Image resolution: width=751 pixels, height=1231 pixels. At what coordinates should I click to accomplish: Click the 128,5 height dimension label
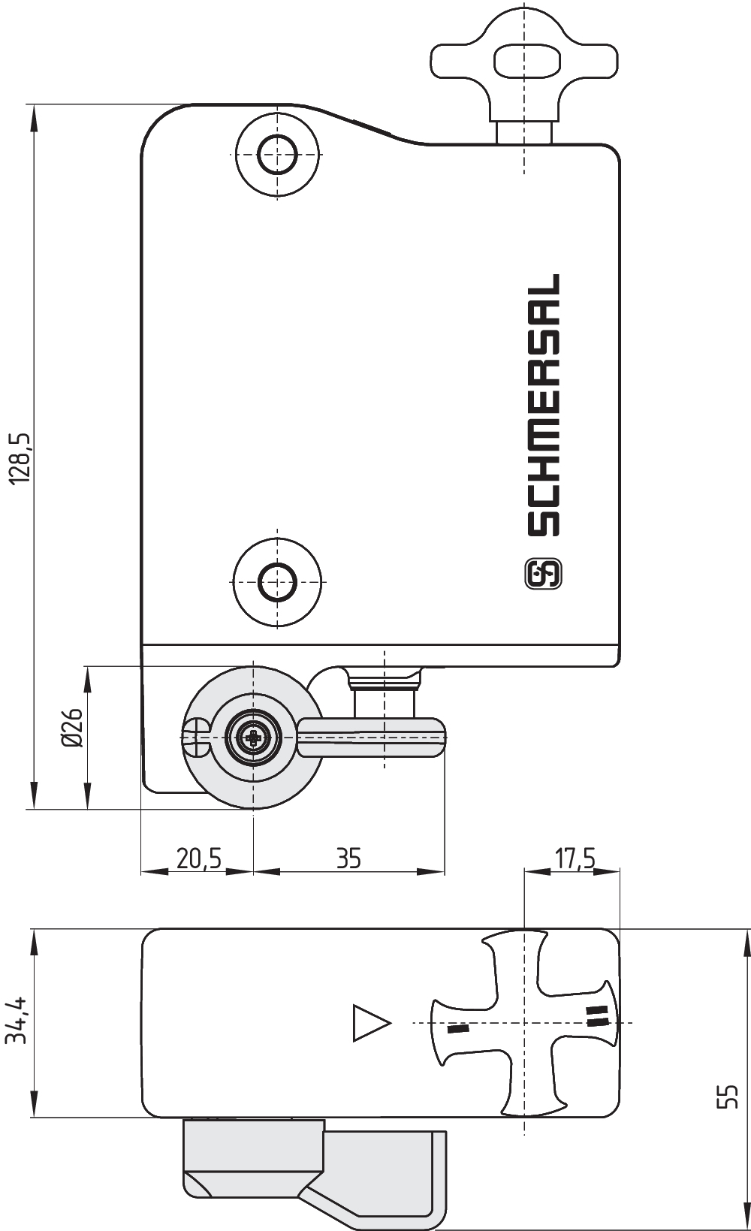click(21, 459)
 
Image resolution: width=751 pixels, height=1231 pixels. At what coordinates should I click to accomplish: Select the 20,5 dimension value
click(198, 858)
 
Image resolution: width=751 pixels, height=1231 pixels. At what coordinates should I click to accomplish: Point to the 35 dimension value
click(348, 858)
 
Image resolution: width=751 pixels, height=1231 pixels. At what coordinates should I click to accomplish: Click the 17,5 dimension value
click(574, 858)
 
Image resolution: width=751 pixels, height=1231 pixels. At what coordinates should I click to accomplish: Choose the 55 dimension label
click(728, 1097)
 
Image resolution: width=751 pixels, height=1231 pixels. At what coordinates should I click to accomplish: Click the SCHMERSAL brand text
click(543, 405)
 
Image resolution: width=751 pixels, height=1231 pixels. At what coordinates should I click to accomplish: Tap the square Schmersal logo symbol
click(543, 574)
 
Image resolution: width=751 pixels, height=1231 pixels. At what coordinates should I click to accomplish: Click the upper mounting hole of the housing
click(277, 154)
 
